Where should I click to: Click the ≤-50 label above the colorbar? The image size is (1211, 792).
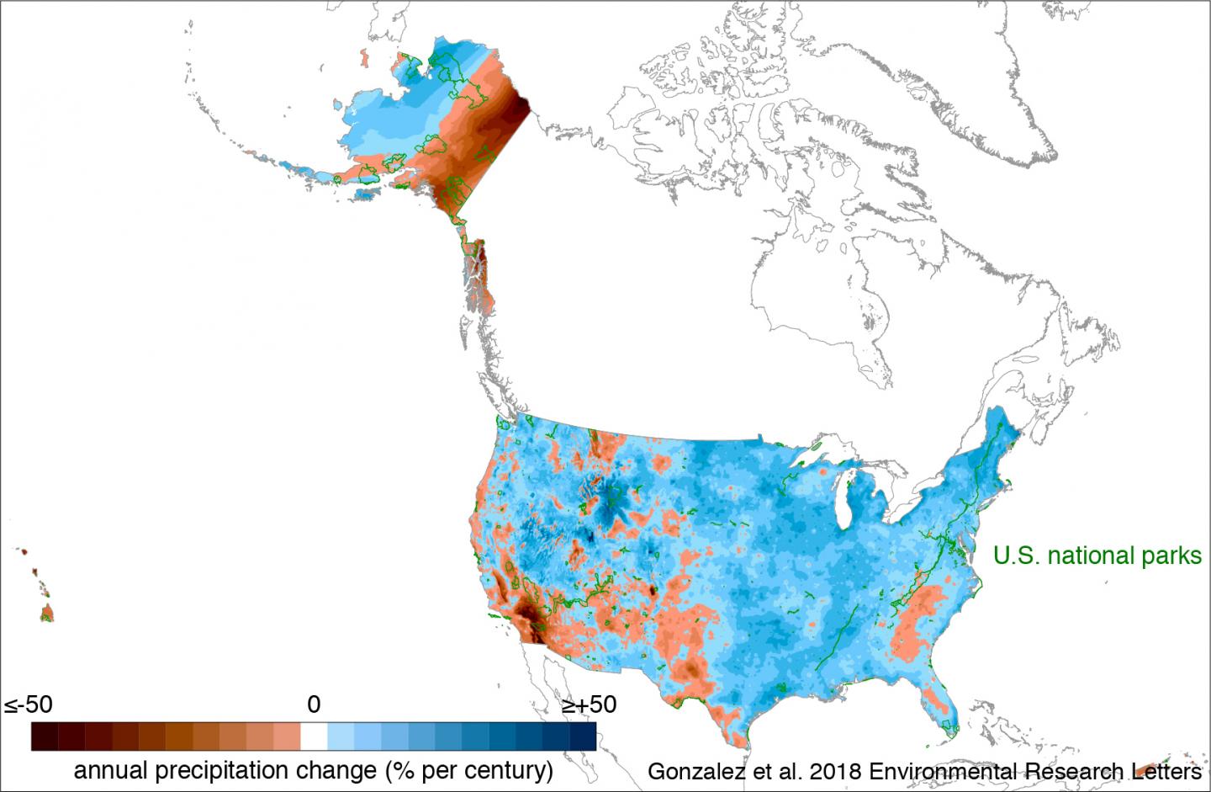pyautogui.click(x=28, y=704)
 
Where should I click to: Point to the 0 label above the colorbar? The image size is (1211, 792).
pyautogui.click(x=314, y=704)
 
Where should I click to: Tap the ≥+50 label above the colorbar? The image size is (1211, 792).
pyautogui.click(x=589, y=704)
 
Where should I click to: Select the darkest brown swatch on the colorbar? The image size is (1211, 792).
pyautogui.click(x=45, y=736)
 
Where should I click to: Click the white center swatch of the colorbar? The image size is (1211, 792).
pyautogui.click(x=314, y=736)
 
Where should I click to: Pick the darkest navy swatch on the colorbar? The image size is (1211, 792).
pyautogui.click(x=583, y=736)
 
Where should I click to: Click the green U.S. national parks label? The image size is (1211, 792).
pyautogui.click(x=1097, y=555)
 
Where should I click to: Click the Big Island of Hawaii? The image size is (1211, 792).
pyautogui.click(x=47, y=612)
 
